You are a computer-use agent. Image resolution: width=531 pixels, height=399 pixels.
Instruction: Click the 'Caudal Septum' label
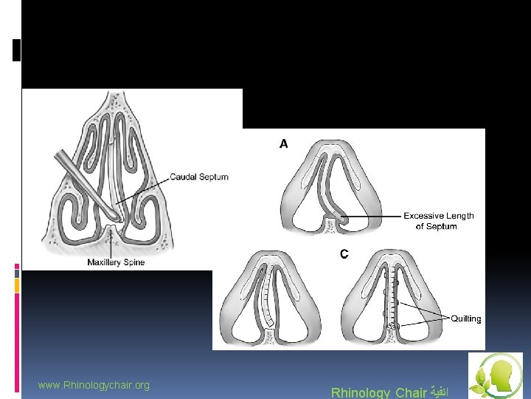coord(199,177)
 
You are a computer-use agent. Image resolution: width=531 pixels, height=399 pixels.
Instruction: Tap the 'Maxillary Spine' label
coord(116,262)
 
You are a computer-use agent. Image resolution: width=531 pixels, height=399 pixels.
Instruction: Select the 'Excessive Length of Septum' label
coord(438,221)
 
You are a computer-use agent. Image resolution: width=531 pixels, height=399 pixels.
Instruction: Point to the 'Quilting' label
coord(465,318)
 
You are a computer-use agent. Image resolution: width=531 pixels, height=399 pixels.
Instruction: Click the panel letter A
coord(284,144)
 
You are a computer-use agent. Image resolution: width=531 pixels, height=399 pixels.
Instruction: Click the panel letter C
coord(344,254)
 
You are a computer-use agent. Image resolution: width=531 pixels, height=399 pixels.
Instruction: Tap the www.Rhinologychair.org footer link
coord(94,385)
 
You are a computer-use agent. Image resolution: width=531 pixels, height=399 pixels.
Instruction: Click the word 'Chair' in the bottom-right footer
coord(412,392)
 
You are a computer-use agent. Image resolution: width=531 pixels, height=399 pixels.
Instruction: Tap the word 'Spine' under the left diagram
coord(133,262)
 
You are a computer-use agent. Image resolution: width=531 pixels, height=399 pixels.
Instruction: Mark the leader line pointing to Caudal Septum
coord(144,188)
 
